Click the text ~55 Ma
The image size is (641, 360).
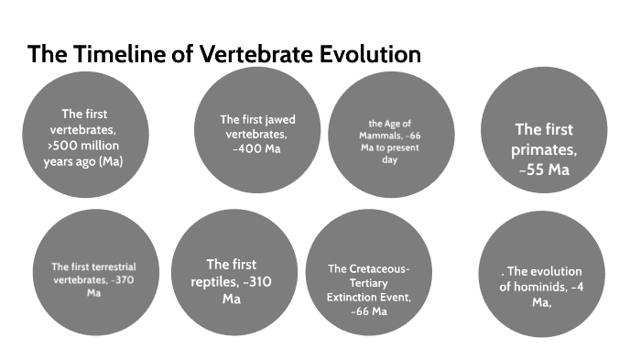pyautogui.click(x=545, y=169)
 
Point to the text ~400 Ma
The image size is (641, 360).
pyautogui.click(x=257, y=148)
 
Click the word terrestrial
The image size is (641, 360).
pyautogui.click(x=111, y=267)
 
